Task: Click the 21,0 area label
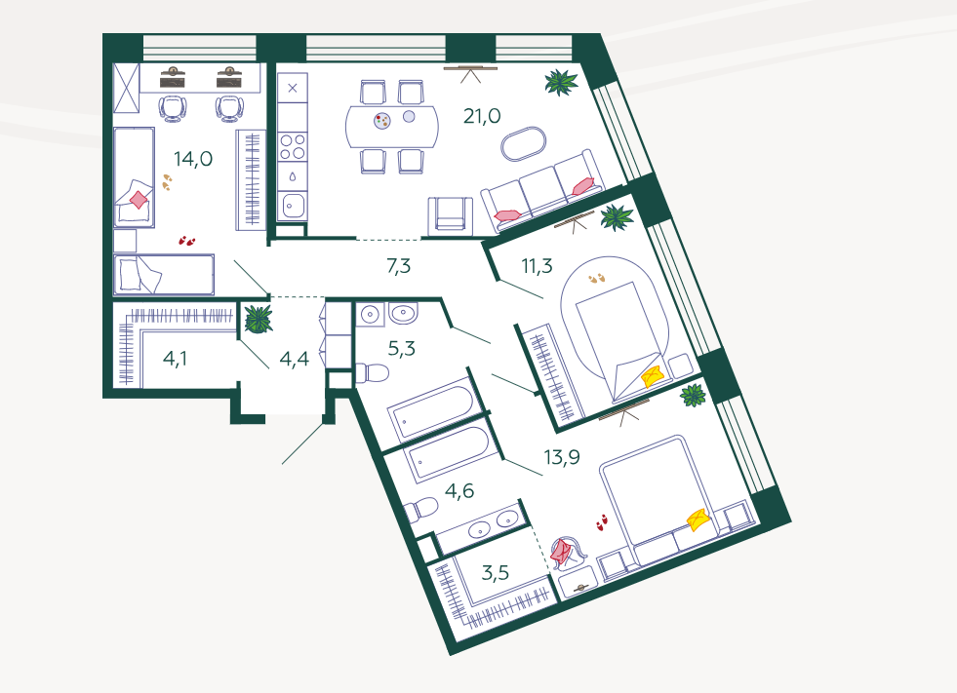(x=482, y=117)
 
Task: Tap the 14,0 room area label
(x=193, y=159)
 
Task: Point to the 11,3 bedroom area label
(x=538, y=265)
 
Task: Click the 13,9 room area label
(x=562, y=457)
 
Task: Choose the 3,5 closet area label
(x=496, y=571)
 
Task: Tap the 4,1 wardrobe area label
(x=176, y=359)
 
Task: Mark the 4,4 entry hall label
(x=295, y=359)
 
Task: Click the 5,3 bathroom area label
(x=401, y=347)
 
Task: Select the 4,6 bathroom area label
(x=459, y=490)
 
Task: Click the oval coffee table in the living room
(x=526, y=145)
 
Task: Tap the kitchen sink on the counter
(x=292, y=205)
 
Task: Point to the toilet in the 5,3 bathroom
(x=373, y=372)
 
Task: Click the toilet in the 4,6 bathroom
(x=422, y=510)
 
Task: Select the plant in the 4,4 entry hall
(x=259, y=319)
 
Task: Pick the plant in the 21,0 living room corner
(x=560, y=82)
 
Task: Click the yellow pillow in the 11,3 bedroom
(x=651, y=375)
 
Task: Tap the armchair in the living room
(x=451, y=212)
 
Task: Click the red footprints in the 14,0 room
(x=186, y=239)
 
